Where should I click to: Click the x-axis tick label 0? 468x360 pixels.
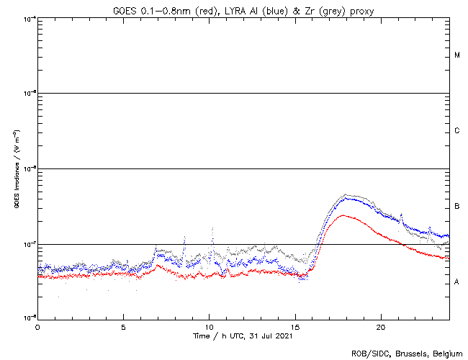[37, 326]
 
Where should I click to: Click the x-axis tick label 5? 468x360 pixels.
[123, 326]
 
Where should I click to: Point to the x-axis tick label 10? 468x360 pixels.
[209, 326]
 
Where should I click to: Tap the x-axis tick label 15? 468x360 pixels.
[295, 326]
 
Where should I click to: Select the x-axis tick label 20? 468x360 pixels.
[381, 326]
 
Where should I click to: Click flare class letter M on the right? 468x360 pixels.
[457, 55]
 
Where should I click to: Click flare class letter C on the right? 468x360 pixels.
[457, 131]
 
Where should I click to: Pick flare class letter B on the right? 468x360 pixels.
[457, 207]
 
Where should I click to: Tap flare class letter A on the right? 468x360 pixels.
[457, 282]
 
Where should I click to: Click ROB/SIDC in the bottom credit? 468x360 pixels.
[369, 354]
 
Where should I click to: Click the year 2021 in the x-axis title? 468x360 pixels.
[284, 336]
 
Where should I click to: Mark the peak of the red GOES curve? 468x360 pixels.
[343, 215]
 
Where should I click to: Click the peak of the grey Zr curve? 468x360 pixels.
[347, 194]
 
